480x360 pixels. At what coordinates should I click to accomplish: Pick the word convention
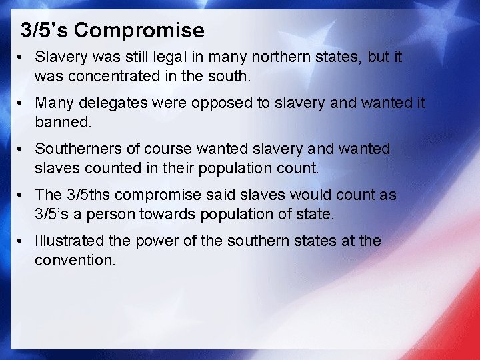75,259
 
